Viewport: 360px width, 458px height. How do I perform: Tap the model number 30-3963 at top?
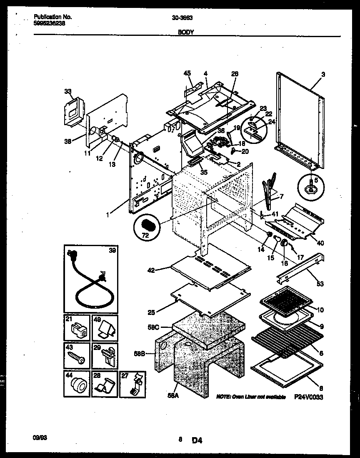tap(182, 18)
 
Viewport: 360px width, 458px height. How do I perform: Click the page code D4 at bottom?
tap(197, 439)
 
